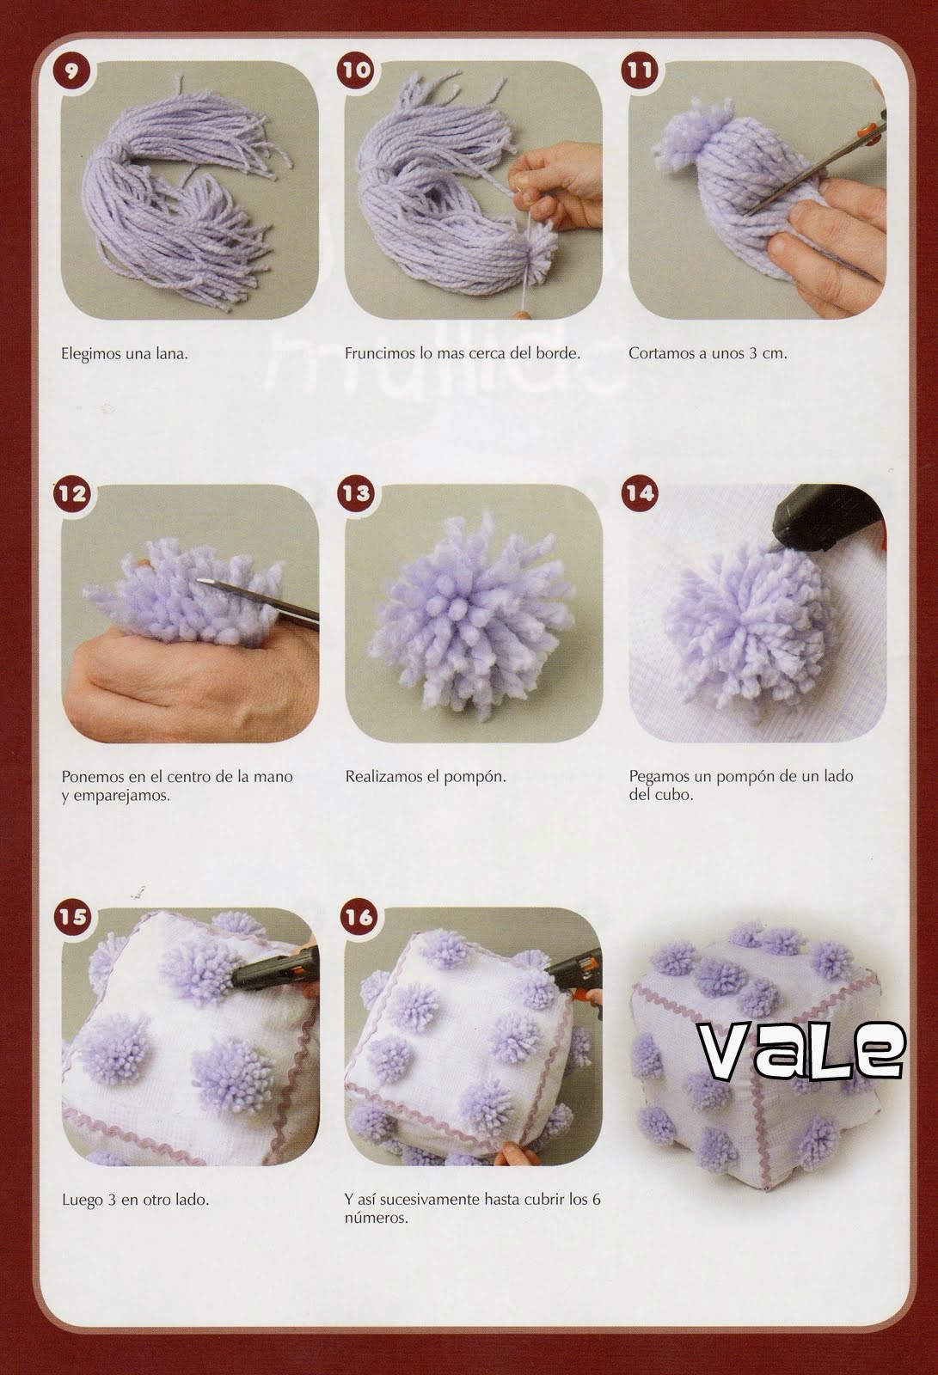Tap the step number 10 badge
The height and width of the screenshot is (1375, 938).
pos(356,70)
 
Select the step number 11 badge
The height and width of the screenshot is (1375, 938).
pos(640,70)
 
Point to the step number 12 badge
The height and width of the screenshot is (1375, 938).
pos(72,493)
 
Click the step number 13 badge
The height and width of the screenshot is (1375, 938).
pos(356,493)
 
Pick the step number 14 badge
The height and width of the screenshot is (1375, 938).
pos(640,493)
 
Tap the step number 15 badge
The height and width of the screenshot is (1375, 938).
pos(72,916)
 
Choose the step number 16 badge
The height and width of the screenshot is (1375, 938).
pos(356,916)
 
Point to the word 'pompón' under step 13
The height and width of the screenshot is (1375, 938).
pos(481,777)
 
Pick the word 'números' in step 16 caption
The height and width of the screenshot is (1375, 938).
pos(376,1219)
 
